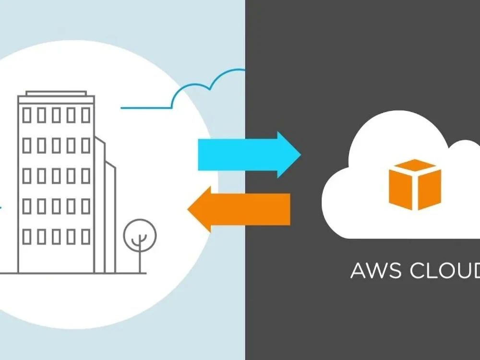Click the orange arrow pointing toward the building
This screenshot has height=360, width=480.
pos(239,209)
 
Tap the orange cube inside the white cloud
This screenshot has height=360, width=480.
pos(415,185)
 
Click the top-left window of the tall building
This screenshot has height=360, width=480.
pos(27,115)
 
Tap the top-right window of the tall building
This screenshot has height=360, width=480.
pos(86,115)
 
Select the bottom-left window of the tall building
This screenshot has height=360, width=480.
pos(27,236)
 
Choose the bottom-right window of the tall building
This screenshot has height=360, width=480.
pos(86,236)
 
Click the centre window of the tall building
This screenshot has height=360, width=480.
pos(56,176)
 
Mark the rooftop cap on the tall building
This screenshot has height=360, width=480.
pos(56,94)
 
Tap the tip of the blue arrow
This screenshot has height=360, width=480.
pos(301,155)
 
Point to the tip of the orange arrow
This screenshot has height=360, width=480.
pos(188,209)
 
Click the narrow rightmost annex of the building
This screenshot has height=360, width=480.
pos(111,217)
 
